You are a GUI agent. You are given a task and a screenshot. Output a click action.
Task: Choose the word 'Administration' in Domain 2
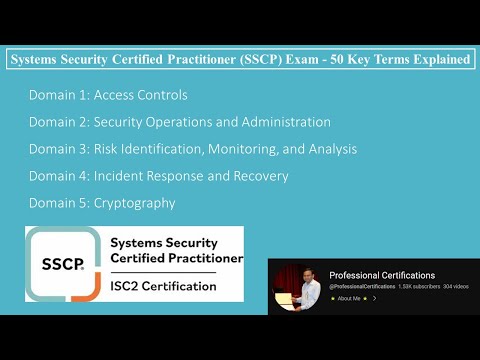tap(283, 122)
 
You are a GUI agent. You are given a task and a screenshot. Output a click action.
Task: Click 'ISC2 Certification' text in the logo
tap(162, 286)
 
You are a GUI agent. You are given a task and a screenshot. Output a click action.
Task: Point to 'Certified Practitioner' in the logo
tap(175, 259)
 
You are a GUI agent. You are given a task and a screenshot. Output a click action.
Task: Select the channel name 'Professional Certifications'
tap(382, 275)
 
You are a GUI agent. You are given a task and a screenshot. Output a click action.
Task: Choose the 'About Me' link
tap(349, 298)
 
